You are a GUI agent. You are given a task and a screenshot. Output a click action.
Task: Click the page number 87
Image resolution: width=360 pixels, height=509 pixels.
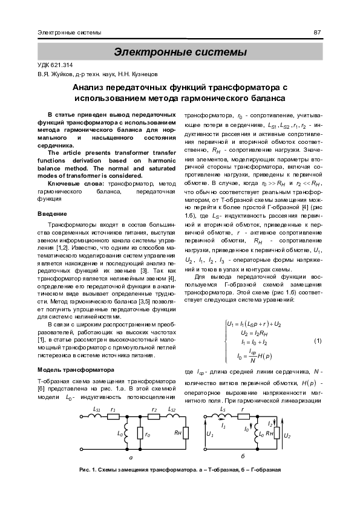pyautogui.click(x=316, y=32)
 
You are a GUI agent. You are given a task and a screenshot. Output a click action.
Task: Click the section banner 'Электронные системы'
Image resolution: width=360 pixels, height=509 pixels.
pyautogui.click(x=180, y=52)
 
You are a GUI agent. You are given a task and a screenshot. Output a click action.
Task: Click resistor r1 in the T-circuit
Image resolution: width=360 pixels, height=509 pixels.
pyautogui.click(x=113, y=416)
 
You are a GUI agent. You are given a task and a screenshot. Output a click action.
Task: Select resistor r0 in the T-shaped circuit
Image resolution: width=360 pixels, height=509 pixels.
pyautogui.click(x=140, y=433)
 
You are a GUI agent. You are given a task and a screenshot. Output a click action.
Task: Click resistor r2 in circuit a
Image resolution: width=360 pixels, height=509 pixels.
pyautogui.click(x=154, y=416)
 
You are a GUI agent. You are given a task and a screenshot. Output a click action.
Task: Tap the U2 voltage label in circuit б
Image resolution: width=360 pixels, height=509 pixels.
pyautogui.click(x=287, y=435)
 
